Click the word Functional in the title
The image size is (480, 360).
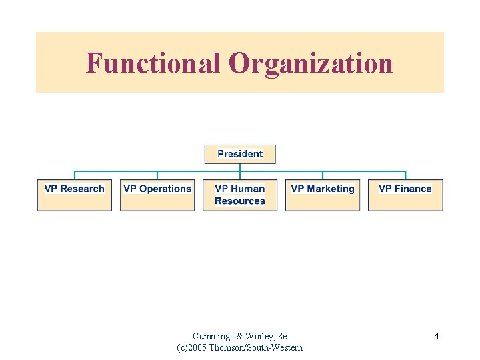tap(153, 64)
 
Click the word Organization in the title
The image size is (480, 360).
tap(311, 64)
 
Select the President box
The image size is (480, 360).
tap(240, 154)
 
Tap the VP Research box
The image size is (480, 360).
tap(75, 195)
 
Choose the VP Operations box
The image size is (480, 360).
tap(157, 195)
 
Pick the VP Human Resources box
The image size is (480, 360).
tap(240, 195)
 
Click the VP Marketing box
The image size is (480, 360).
tap(323, 195)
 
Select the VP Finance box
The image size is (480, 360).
tap(405, 195)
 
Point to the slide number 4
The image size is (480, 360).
tap(436, 336)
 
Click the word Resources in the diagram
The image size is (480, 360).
tap(240, 201)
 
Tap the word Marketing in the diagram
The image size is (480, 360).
tap(331, 189)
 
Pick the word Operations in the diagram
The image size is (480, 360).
tap(165, 189)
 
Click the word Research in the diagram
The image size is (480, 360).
tap(82, 189)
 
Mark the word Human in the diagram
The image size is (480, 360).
tap(249, 189)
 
